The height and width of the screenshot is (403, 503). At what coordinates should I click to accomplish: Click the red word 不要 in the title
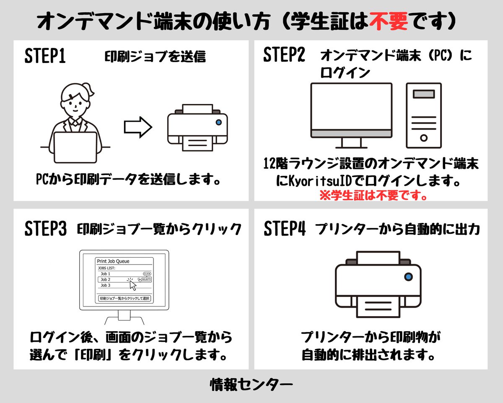(389, 22)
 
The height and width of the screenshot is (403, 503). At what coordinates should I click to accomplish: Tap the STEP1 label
(45, 56)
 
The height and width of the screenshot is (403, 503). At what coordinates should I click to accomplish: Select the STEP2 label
(284, 54)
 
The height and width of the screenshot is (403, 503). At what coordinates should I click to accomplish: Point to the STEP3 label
(46, 228)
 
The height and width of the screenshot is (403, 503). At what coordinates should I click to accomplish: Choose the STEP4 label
(285, 228)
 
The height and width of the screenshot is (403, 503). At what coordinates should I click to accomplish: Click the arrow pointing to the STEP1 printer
(138, 127)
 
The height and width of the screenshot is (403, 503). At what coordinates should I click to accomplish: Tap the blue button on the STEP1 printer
(218, 122)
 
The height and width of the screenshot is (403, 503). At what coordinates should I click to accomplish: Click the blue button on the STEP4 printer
(408, 277)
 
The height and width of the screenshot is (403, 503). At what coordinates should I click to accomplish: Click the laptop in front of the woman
(75, 147)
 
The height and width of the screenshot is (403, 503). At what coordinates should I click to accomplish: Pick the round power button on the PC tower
(424, 138)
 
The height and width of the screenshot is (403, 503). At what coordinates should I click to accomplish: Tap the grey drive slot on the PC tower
(424, 94)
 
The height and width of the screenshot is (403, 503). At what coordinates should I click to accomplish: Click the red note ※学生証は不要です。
(373, 195)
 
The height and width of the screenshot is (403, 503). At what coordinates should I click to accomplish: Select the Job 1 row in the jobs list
(124, 274)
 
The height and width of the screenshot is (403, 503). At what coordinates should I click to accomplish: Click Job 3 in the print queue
(105, 285)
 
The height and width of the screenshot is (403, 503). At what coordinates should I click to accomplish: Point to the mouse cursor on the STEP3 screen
(133, 285)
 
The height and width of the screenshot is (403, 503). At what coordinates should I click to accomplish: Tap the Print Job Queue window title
(113, 261)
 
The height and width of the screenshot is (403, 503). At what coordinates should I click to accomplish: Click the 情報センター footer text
(251, 385)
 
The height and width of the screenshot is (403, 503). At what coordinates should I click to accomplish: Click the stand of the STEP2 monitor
(351, 143)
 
